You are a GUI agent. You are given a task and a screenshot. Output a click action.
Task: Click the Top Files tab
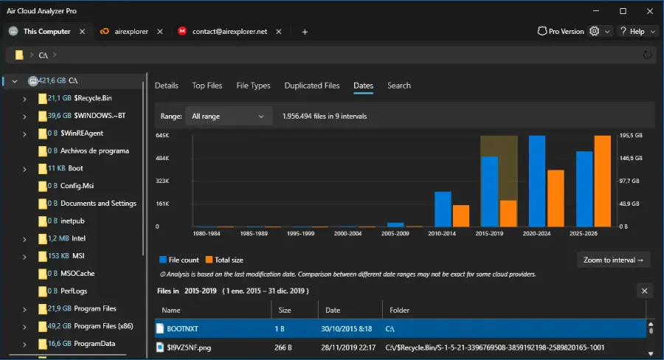[207, 86]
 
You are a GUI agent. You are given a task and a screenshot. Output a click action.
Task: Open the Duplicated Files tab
[311, 86]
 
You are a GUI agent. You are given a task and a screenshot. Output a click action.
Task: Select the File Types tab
[253, 86]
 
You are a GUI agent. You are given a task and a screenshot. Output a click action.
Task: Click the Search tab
[398, 86]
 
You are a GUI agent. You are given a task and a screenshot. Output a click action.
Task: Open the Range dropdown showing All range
[227, 117]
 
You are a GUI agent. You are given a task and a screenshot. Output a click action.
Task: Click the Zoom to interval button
[614, 260]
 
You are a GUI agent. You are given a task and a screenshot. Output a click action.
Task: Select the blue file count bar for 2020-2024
[536, 181]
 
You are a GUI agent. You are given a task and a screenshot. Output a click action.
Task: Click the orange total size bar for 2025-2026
[602, 181]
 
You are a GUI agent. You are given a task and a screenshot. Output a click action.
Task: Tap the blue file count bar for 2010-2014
[443, 209]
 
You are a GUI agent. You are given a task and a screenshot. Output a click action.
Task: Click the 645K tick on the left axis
[163, 136]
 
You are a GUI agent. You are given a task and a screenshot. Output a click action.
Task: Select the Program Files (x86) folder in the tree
[103, 326]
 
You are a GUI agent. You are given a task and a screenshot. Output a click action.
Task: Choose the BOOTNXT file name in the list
[183, 328]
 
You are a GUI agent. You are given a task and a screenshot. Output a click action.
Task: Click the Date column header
[333, 311]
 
